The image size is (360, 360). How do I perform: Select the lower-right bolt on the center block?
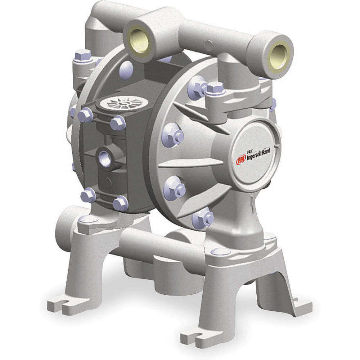120,203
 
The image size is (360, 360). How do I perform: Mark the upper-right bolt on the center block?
118,123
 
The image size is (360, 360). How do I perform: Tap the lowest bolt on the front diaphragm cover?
203,218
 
